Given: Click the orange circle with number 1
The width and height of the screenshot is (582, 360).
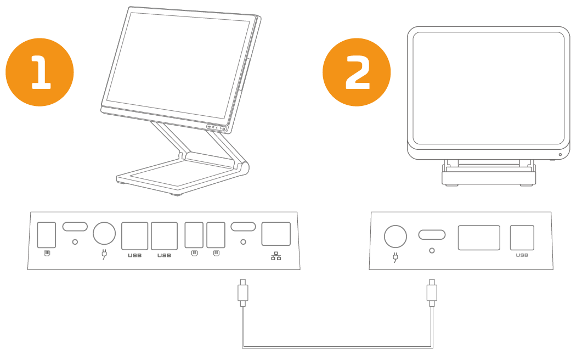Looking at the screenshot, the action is (x=39, y=72).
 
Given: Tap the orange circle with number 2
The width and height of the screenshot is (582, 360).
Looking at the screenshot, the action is (x=357, y=72).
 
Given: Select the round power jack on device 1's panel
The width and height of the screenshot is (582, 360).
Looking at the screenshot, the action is (x=104, y=233).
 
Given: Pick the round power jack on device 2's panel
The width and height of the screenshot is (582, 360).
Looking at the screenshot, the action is (x=395, y=237).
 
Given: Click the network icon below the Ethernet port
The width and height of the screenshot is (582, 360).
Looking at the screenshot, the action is (x=276, y=256).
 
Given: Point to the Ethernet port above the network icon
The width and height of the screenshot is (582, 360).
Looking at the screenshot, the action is (x=276, y=234).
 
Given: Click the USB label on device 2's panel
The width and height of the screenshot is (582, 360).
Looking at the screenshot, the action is (x=522, y=255).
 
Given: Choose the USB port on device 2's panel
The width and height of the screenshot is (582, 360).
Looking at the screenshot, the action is (x=522, y=238).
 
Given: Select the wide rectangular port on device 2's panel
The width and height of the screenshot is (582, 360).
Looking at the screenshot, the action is (x=479, y=238).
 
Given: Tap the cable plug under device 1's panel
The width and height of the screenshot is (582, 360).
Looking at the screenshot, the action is (x=243, y=292).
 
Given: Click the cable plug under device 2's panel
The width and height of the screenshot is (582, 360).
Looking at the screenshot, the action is (x=432, y=292).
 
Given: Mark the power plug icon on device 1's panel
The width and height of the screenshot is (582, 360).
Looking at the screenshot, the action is (x=104, y=254).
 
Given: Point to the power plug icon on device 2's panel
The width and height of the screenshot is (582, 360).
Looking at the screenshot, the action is (x=395, y=257).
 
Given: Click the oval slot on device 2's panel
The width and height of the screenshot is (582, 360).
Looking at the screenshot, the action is (x=432, y=235).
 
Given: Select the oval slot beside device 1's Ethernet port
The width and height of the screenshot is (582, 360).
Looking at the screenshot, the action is (x=243, y=227).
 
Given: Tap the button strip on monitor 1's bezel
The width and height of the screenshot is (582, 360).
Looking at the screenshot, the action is (x=217, y=128).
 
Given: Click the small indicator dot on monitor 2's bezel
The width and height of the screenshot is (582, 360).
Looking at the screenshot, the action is (x=560, y=155).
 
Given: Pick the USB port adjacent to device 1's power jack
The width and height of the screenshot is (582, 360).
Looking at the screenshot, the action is (x=135, y=236).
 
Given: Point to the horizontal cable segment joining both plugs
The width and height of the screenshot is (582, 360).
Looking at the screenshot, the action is (x=337, y=348).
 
